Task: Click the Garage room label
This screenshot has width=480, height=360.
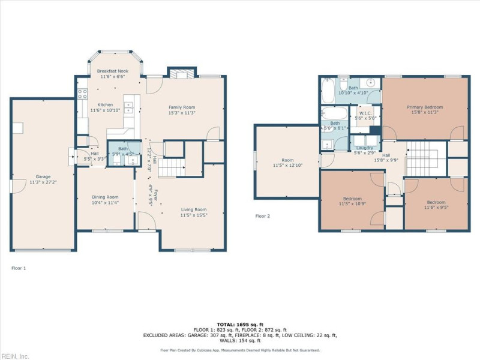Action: (42, 176)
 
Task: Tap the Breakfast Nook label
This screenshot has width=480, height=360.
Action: (112, 71)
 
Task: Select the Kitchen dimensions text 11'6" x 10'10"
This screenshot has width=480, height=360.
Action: (106, 110)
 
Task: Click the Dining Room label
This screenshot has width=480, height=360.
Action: (105, 197)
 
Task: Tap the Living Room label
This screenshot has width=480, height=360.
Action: (194, 209)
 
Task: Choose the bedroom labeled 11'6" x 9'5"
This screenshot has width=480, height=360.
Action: (436, 205)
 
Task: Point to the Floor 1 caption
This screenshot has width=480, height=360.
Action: (19, 268)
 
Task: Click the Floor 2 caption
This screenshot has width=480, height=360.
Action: (263, 216)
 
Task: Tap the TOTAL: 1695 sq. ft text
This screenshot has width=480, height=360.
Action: (240, 324)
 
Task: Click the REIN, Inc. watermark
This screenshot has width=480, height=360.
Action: (15, 356)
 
